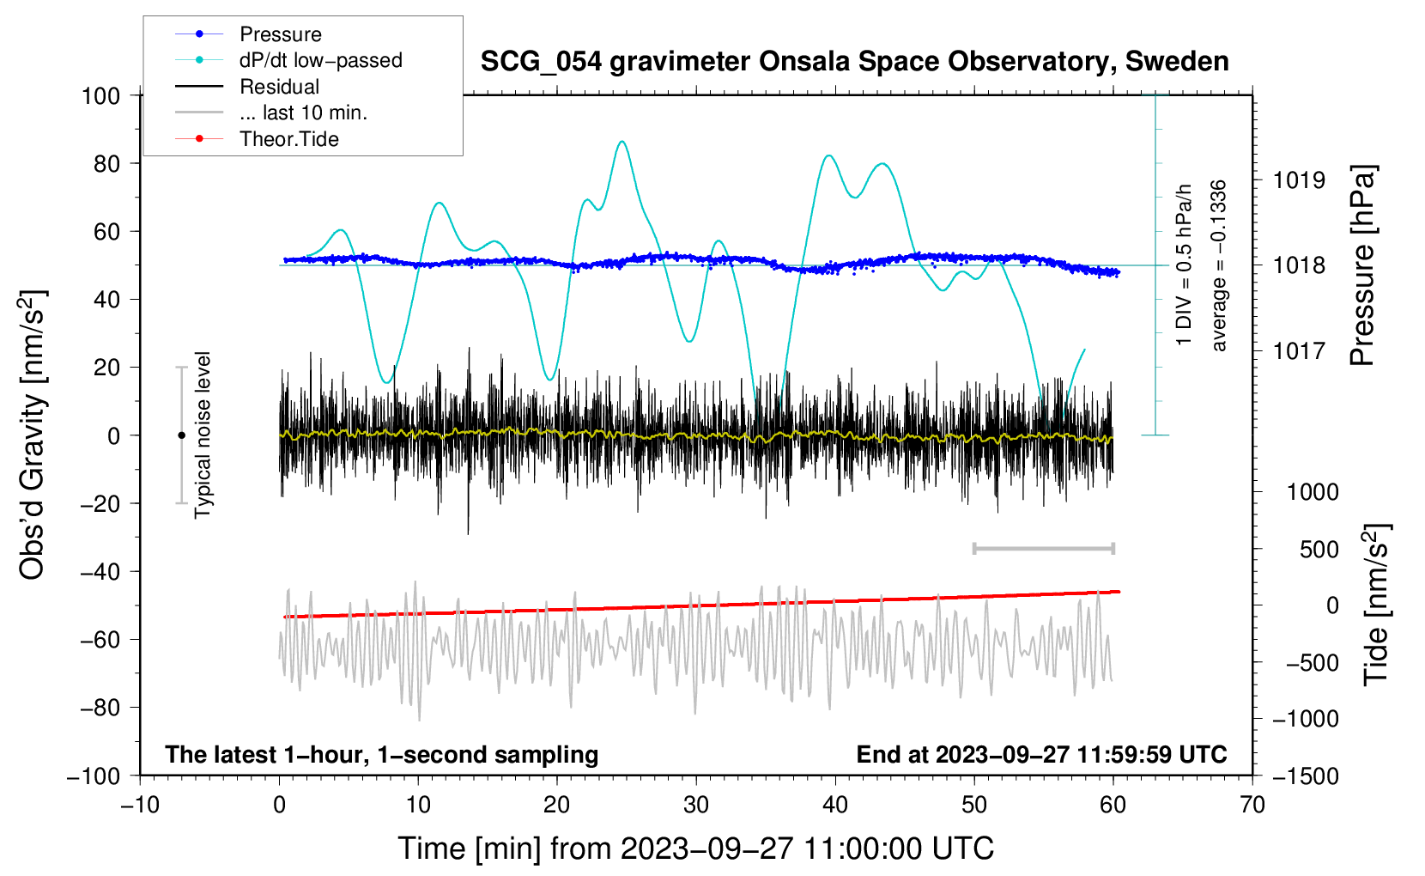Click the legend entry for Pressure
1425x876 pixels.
click(x=280, y=34)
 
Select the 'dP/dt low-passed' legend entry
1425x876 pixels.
click(x=320, y=60)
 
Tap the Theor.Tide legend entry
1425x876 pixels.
click(x=288, y=139)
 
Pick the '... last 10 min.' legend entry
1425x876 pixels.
click(x=303, y=113)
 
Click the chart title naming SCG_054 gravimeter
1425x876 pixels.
click(x=854, y=62)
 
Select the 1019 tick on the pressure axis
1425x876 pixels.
click(x=1299, y=180)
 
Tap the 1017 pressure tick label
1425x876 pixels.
click(x=1299, y=350)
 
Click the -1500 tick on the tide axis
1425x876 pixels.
click(x=1305, y=776)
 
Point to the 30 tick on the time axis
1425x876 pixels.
click(x=696, y=805)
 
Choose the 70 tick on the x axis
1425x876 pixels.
click(x=1252, y=805)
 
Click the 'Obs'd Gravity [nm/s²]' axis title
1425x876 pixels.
click(x=33, y=435)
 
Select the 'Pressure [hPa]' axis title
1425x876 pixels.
click(x=1362, y=266)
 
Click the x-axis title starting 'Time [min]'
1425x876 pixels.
click(x=696, y=849)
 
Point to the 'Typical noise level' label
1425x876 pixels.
click(x=203, y=435)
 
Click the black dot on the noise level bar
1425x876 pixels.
click(x=181, y=435)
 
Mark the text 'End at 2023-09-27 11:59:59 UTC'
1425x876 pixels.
click(x=1041, y=754)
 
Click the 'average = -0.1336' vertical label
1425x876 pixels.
click(x=1219, y=266)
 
